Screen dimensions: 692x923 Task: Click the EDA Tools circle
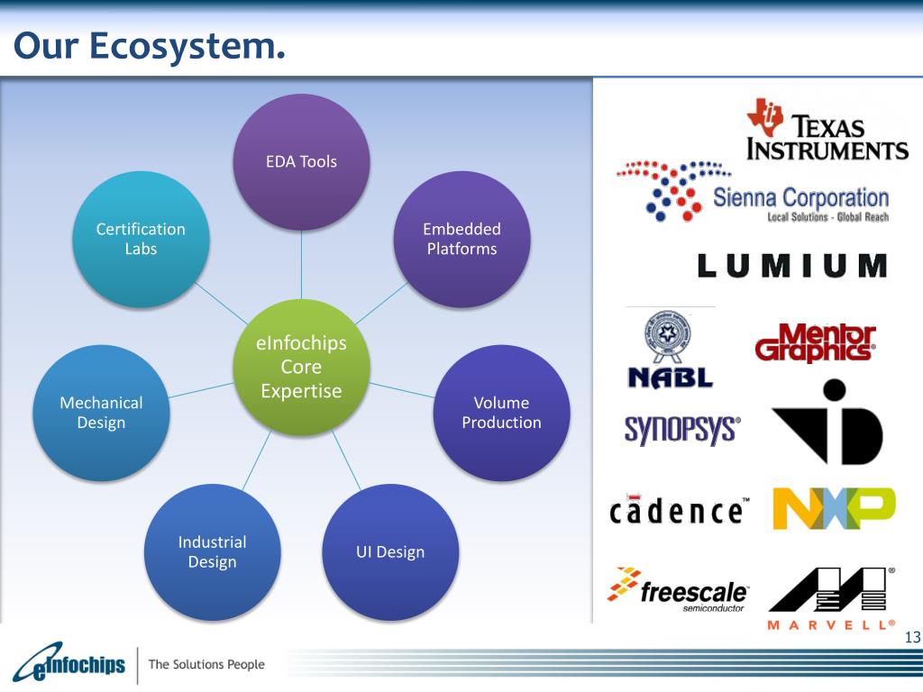pos(301,161)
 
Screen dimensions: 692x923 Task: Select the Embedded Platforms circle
pos(461,239)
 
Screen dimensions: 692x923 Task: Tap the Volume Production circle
pos(501,413)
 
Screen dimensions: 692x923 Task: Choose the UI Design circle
pos(389,551)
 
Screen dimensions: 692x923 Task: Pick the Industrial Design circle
pos(212,551)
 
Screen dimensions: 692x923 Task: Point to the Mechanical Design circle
pos(101,413)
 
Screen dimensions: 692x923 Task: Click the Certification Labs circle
pos(141,239)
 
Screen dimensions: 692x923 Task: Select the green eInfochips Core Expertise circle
pos(301,368)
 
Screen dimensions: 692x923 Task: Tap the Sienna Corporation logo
pos(753,193)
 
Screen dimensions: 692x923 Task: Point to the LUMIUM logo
pos(792,265)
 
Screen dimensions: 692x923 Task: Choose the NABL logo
pos(670,350)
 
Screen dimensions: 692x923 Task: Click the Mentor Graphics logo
pos(815,343)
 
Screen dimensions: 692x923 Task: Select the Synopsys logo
pos(681,430)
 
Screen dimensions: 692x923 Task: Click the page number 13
pos(912,638)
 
